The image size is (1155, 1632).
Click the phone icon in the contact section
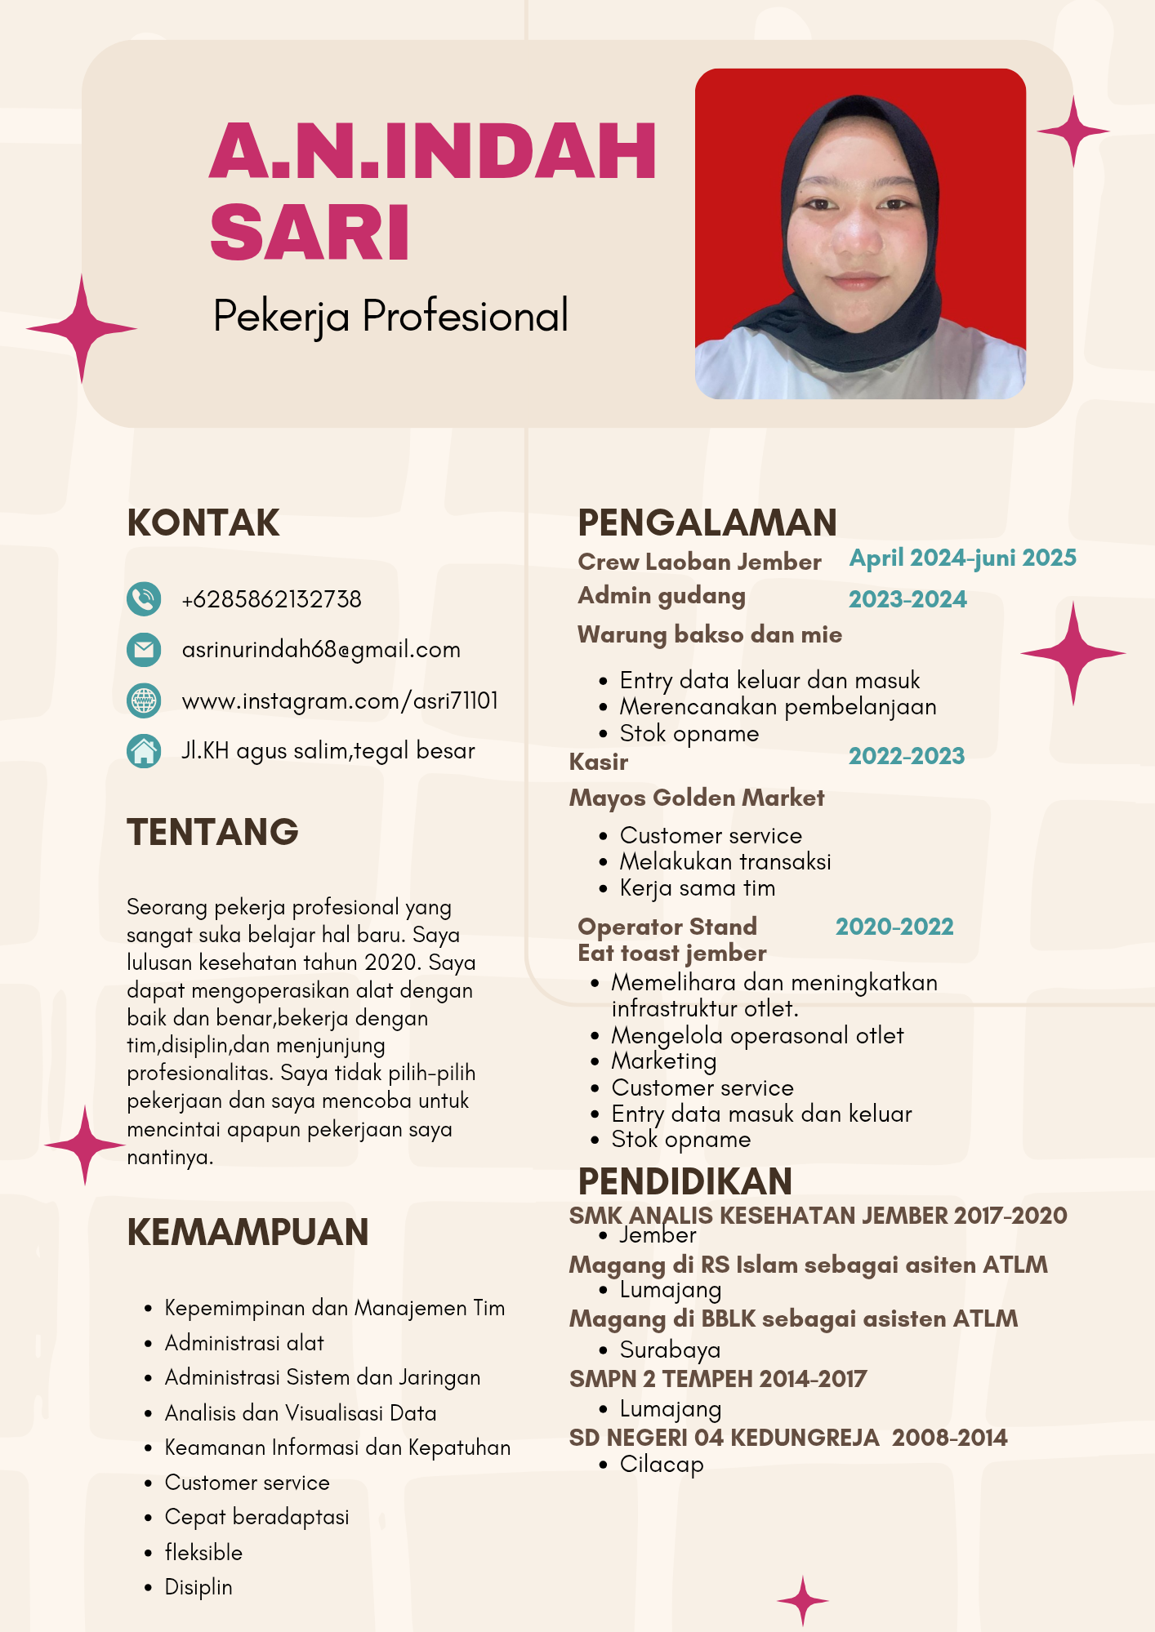pos(144,598)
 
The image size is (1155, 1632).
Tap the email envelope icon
pos(144,650)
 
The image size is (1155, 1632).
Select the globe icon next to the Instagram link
pos(144,700)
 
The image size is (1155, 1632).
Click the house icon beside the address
pos(144,751)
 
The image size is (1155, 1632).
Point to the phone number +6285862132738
pos(271,599)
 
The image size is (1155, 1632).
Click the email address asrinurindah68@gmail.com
pos(321,650)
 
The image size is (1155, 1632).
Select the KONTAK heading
pos(203,523)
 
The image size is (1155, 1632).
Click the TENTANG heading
pos(213,832)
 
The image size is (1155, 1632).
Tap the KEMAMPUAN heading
pos(247,1232)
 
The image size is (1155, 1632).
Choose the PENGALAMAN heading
pos(707,523)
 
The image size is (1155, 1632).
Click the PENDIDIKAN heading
pos(685,1181)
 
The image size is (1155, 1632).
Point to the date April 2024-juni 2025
pos(963,558)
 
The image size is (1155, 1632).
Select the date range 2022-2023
pos(907,756)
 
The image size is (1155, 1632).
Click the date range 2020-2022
pos(894,927)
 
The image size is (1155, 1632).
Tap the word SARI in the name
pos(310,233)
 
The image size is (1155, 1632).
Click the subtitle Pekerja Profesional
pos(390,316)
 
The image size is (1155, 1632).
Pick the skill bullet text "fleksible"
pos(203,1552)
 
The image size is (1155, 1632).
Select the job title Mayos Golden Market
pos(697,798)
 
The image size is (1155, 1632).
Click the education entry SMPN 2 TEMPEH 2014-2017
pos(718,1379)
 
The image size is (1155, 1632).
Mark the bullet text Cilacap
pos(662,1464)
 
